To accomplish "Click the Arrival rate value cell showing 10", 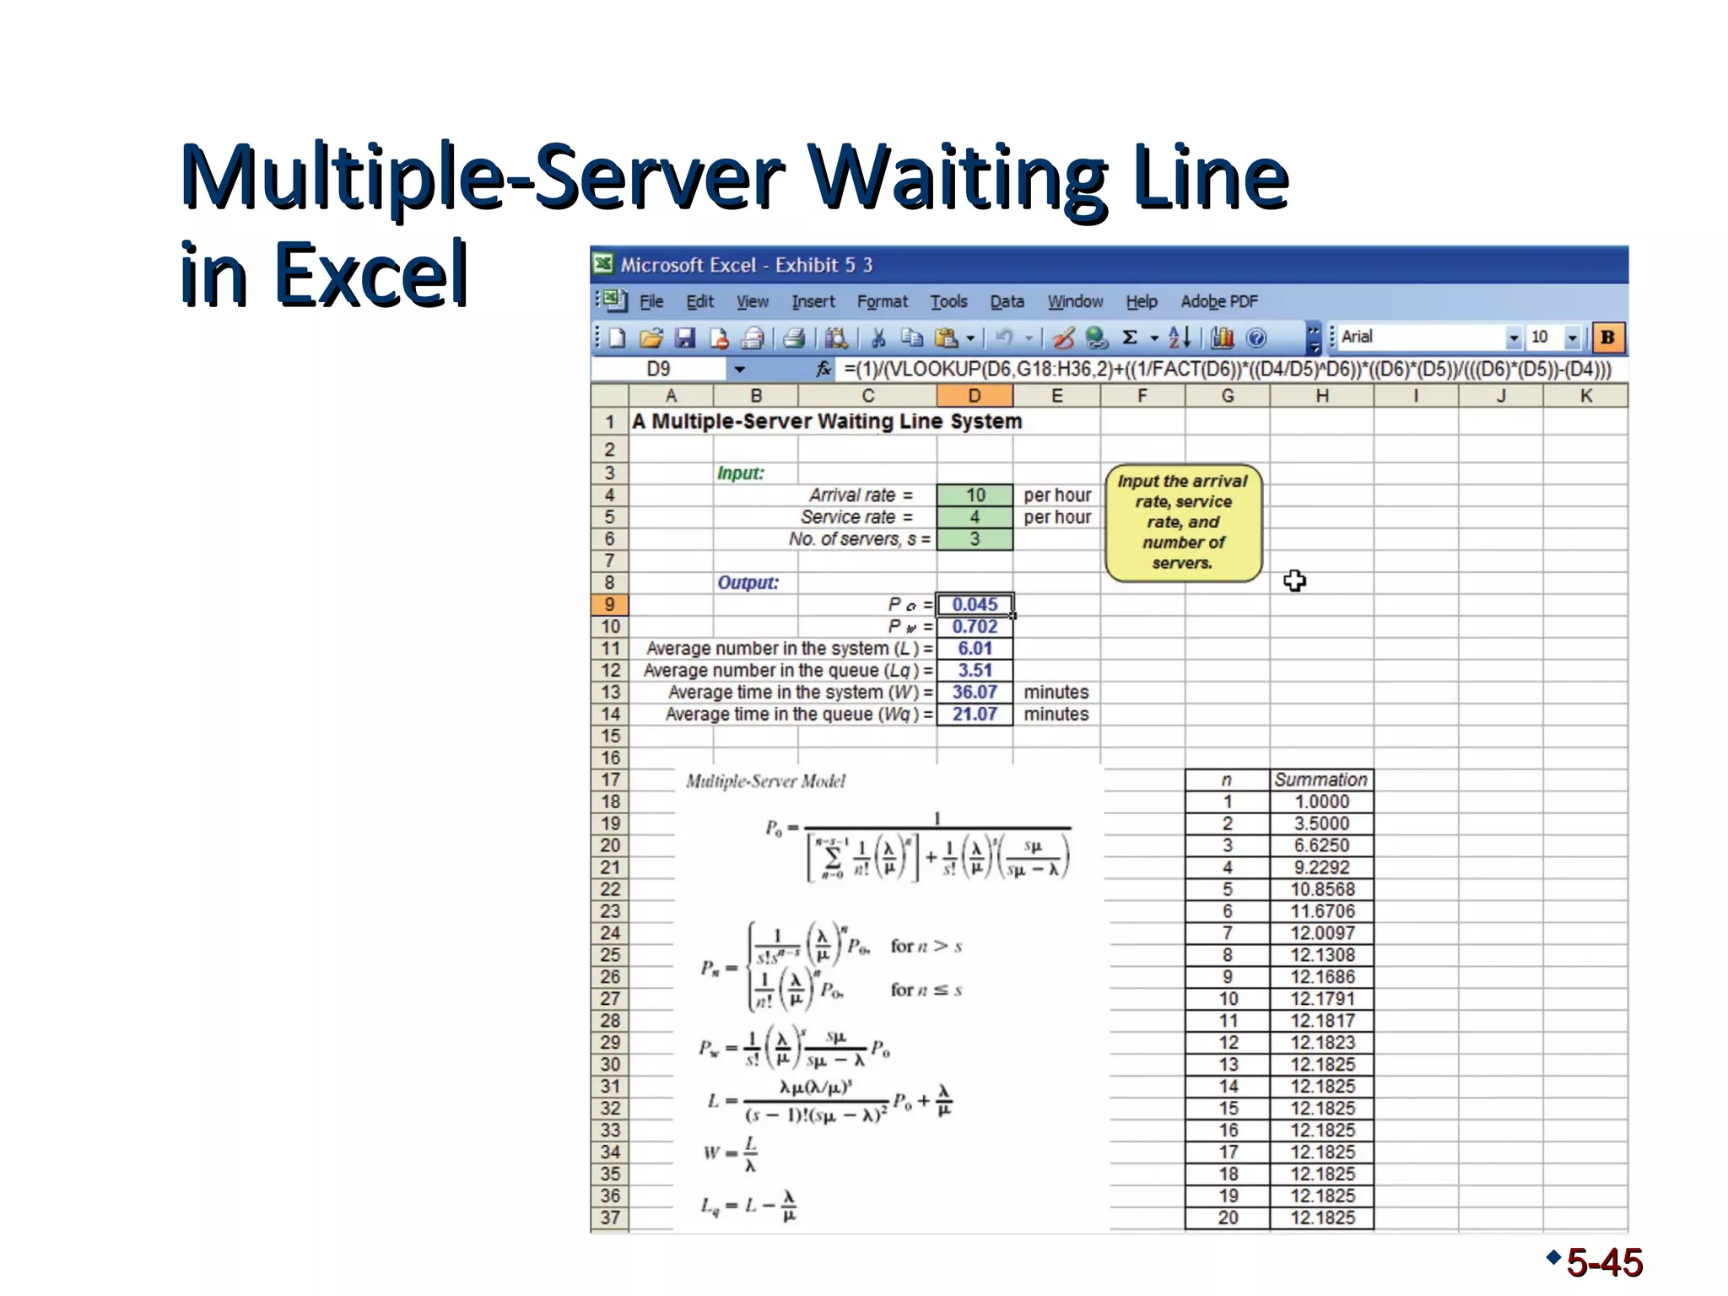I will point(975,495).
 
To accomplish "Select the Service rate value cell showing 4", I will point(975,517).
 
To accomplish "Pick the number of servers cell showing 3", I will point(975,539).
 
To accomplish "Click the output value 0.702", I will point(975,627).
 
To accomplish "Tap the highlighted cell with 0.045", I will point(975,605).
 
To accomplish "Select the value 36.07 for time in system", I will point(975,693).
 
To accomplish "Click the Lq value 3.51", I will point(975,671).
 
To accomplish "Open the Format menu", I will point(882,302).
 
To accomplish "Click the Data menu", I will point(1007,302).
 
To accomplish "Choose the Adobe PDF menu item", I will point(1218,302).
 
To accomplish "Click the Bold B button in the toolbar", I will point(1607,337).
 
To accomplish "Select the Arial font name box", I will point(1421,337).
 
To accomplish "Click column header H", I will point(1321,396).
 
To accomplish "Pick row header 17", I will point(610,780).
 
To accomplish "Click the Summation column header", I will point(1320,780).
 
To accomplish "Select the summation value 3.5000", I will point(1321,824).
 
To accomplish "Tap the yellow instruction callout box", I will point(1183,522).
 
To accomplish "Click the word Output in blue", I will point(748,583).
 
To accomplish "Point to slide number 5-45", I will point(1603,1263).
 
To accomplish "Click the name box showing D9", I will point(658,370).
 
